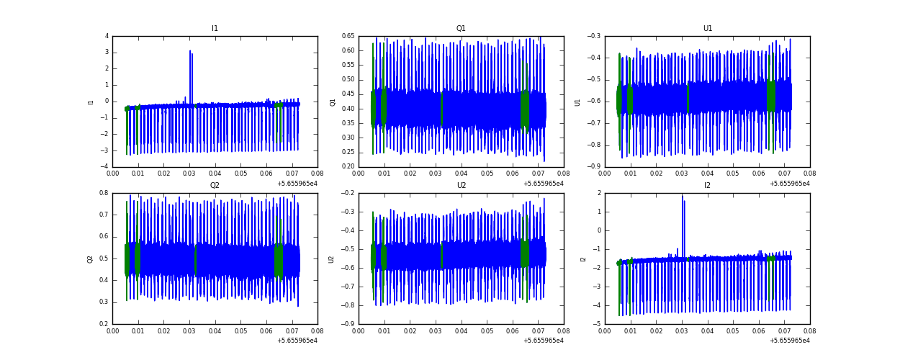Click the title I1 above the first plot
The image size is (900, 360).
click(215, 29)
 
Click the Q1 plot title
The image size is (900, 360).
click(461, 29)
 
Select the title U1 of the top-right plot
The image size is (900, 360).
click(707, 29)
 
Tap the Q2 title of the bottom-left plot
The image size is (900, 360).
click(215, 186)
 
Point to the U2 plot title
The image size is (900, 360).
click(461, 186)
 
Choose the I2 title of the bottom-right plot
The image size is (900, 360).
click(707, 186)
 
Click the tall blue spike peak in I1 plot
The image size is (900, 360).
click(190, 51)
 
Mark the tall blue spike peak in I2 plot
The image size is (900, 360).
click(683, 196)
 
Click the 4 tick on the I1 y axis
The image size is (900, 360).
click(107, 36)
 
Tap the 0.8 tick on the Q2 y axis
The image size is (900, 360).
click(104, 193)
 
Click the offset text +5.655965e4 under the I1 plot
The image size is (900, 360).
click(297, 184)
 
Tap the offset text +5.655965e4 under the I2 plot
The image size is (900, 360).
click(790, 341)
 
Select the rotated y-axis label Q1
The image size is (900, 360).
click(333, 102)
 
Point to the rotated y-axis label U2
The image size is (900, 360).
click(333, 258)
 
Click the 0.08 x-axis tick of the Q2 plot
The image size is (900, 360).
click(318, 331)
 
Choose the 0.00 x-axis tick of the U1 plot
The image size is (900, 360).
click(605, 174)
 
